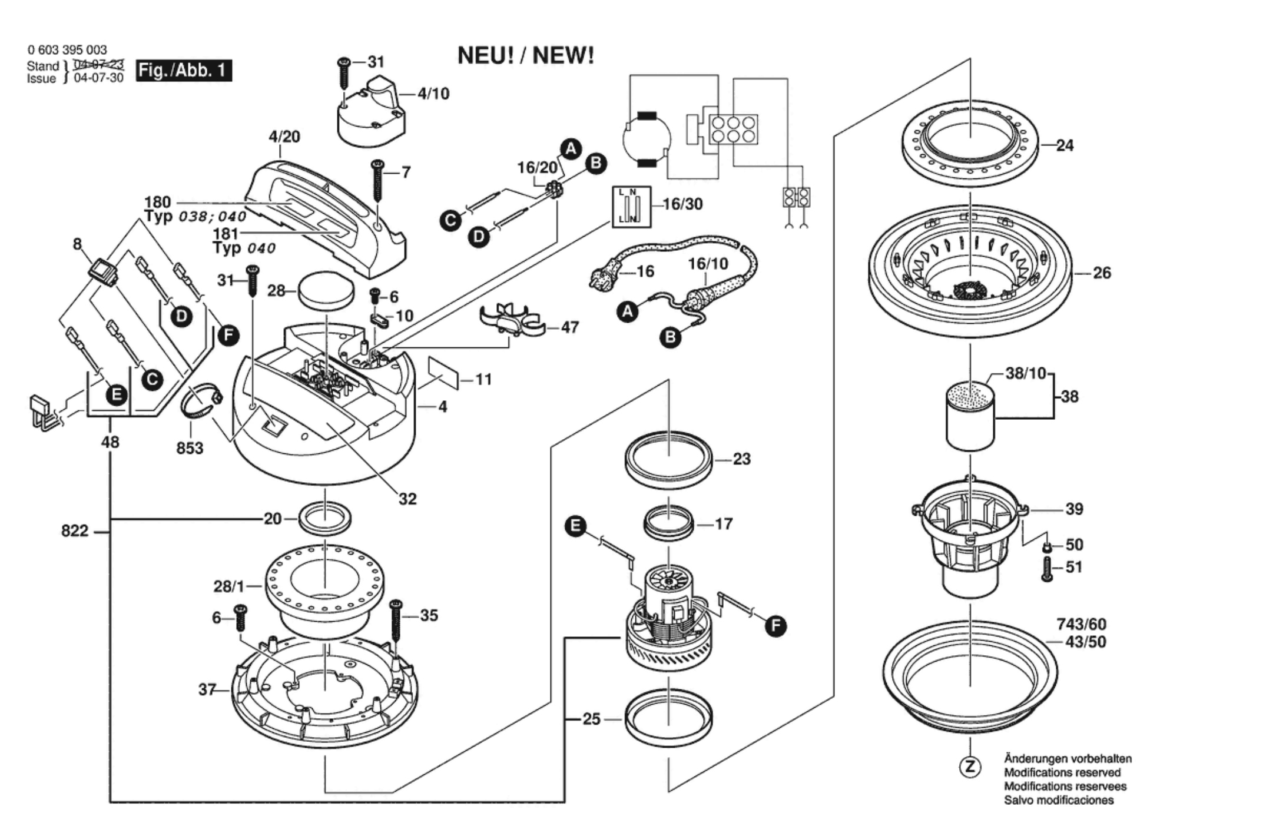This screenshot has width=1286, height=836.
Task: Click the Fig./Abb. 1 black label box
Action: (183, 71)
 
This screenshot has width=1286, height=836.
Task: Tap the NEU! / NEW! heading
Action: (525, 56)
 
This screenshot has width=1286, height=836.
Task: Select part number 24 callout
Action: (1064, 145)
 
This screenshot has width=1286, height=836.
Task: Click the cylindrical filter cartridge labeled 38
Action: (970, 416)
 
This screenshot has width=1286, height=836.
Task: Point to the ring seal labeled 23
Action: (668, 459)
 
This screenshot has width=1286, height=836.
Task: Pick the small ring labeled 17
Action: (669, 522)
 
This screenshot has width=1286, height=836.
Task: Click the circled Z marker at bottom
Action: (970, 767)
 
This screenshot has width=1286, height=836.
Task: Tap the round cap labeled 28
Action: (326, 289)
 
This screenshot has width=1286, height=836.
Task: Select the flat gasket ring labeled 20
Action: (325, 517)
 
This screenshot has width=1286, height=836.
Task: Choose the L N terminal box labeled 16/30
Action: (631, 207)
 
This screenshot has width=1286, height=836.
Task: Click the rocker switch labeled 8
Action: (102, 271)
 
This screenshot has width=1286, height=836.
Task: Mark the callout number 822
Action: (74, 531)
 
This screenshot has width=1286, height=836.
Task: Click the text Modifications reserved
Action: (1062, 772)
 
